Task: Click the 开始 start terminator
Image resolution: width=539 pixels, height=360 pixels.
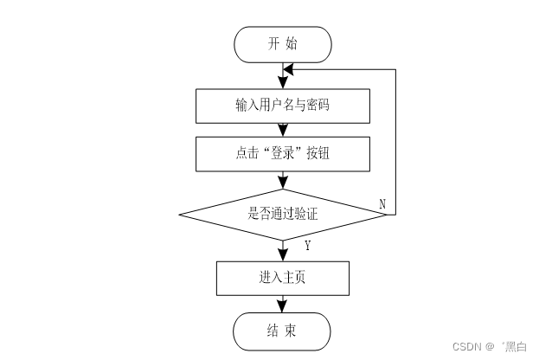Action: click(283, 44)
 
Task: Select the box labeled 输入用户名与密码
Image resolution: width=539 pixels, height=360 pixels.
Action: click(283, 106)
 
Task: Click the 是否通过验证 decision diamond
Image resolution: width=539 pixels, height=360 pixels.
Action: click(283, 213)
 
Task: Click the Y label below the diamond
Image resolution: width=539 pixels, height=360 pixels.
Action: click(307, 247)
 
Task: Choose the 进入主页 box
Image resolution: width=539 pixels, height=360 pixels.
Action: click(283, 278)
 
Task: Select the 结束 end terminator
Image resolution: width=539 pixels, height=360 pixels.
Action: click(283, 330)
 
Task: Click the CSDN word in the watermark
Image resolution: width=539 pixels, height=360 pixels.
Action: click(467, 345)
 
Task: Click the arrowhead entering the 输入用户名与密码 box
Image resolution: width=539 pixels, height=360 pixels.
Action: click(283, 83)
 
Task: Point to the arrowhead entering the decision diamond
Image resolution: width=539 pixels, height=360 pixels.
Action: click(283, 183)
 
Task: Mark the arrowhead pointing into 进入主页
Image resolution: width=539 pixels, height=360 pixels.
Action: click(283, 254)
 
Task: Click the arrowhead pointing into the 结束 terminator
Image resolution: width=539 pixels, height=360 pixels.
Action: click(283, 306)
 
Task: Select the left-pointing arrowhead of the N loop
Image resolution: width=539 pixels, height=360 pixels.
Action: click(290, 68)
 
